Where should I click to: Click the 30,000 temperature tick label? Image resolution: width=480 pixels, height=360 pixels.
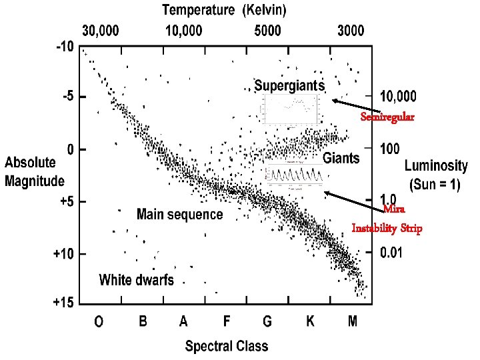(101, 31)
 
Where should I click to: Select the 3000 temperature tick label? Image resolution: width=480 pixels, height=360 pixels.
(351, 31)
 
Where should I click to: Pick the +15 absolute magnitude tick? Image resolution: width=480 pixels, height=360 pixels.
(64, 303)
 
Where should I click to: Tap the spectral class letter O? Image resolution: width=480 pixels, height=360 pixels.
(99, 322)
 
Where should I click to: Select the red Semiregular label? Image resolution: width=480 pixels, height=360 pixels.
(387, 117)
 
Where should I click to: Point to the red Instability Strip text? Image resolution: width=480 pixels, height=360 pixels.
(387, 229)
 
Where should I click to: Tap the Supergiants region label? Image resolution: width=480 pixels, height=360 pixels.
(290, 86)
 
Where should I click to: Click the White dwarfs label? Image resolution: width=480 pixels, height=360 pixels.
(137, 280)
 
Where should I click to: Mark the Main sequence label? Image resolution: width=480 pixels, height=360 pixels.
(180, 215)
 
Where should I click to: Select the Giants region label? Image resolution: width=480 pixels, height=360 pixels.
(341, 159)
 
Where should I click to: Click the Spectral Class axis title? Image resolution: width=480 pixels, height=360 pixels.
(227, 346)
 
